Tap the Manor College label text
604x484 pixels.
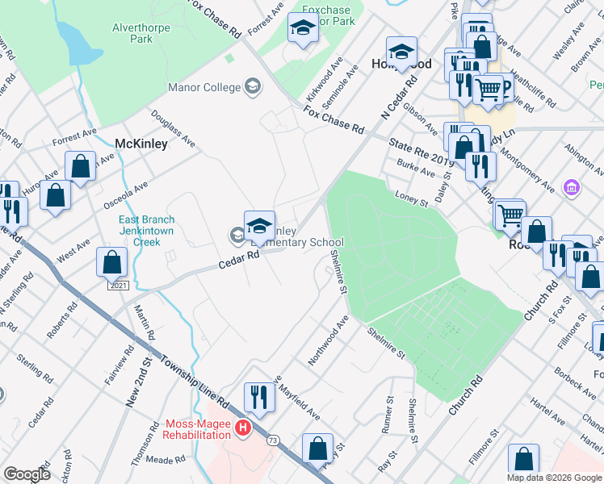tap(204, 87)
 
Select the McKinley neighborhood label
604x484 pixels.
tap(141, 144)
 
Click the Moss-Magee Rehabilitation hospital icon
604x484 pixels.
tap(243, 428)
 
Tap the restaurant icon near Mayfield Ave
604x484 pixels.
tap(259, 396)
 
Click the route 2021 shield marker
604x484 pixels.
tap(118, 286)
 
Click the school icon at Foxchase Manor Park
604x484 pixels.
tap(303, 30)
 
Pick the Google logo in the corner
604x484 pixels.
tap(27, 474)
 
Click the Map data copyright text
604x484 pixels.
tap(554, 478)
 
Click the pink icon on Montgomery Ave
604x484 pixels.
tap(572, 188)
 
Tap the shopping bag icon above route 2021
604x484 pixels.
tap(111, 262)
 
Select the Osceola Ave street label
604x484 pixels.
tap(124, 194)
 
